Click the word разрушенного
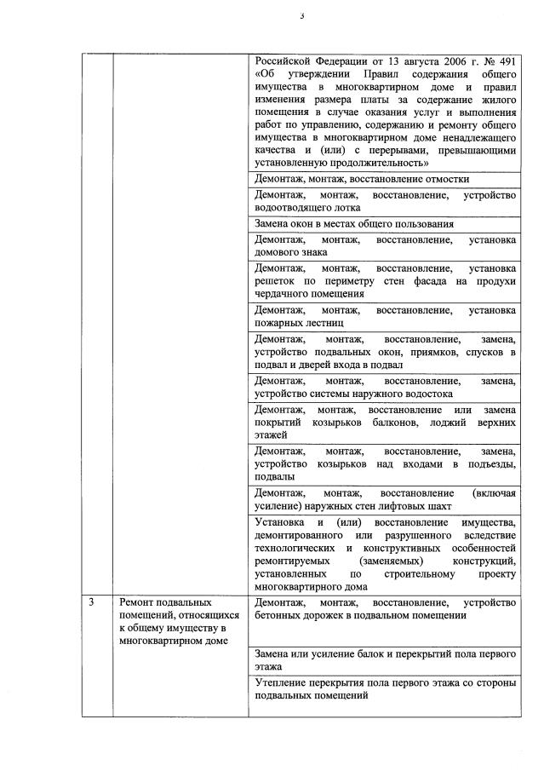point(407,534)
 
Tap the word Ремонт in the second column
point(139,603)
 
